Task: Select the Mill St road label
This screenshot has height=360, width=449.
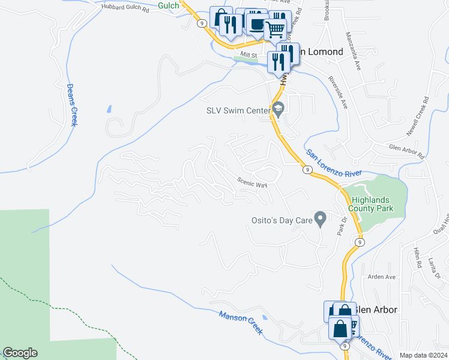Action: [x=249, y=55]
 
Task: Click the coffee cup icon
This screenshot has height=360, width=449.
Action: [x=257, y=24]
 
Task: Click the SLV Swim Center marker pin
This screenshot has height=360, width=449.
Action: [x=278, y=109]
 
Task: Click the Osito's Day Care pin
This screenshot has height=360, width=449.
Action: [x=321, y=220]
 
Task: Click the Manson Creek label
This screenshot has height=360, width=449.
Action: [x=241, y=324]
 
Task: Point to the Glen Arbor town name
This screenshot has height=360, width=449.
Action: [x=376, y=310]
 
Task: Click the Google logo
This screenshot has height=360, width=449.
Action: [x=20, y=353]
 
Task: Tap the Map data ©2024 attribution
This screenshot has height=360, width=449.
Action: [x=423, y=355]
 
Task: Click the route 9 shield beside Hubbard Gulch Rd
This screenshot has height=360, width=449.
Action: [x=201, y=23]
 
